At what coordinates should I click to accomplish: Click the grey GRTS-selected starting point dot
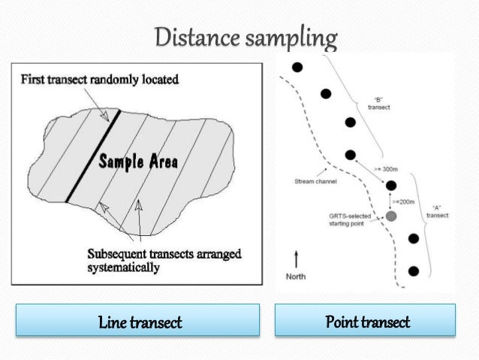(390, 216)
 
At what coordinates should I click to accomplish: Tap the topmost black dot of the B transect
(297, 68)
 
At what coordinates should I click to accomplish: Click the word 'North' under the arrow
(297, 277)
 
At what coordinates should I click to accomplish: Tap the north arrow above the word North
(297, 259)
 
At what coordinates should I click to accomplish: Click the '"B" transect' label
(378, 103)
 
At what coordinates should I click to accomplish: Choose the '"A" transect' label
(435, 210)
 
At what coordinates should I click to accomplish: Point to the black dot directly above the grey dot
(390, 185)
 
